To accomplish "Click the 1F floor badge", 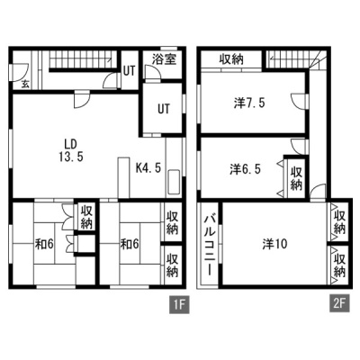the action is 179,305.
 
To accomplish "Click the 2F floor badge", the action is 340,305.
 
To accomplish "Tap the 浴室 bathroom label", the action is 164,59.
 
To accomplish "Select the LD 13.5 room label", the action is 71,150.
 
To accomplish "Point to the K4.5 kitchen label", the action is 148,167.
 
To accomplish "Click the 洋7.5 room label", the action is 249,103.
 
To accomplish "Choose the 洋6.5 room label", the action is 246,169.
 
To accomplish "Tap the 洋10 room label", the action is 274,244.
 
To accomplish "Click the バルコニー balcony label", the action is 210,245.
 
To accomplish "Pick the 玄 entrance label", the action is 25,85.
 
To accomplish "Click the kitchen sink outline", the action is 174,182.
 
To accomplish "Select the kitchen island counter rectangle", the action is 124,177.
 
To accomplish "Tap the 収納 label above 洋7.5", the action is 231,59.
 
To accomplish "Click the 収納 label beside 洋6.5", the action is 296,179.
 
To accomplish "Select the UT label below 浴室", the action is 164,109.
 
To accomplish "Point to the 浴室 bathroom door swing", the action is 153,73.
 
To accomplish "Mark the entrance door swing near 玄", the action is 20,73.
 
